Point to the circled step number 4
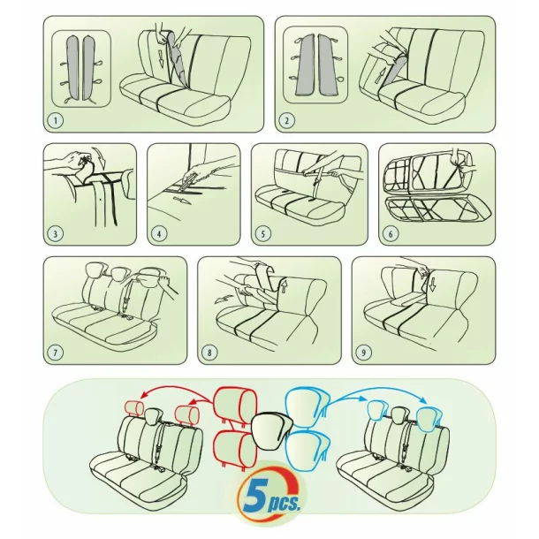coord(160,234)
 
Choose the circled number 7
coord(57,353)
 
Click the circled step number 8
coord(210,353)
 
